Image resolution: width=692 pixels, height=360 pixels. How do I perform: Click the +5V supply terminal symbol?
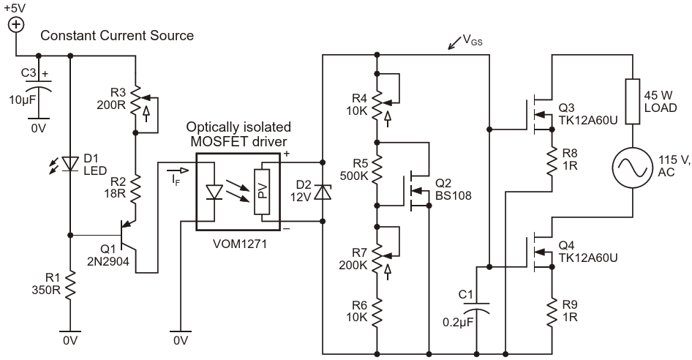click(16, 25)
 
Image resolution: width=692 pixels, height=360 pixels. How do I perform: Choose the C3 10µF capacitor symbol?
click(38, 85)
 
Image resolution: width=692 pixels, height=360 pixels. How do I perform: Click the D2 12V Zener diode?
click(323, 192)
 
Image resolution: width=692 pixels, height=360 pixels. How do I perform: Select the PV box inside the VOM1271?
click(262, 192)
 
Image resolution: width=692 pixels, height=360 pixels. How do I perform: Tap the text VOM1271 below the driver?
click(240, 244)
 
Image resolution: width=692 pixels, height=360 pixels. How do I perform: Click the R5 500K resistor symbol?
click(377, 170)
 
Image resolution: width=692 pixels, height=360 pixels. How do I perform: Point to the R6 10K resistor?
click(377, 312)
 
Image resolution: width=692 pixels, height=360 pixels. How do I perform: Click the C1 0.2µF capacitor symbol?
click(477, 307)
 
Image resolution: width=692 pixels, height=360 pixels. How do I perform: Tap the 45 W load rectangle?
click(633, 102)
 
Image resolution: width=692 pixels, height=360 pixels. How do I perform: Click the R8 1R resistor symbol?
click(552, 162)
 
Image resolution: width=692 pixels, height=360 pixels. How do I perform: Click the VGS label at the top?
click(473, 41)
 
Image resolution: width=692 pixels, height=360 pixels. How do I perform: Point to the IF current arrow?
click(178, 170)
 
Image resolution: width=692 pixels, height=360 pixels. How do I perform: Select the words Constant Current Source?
click(117, 35)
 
